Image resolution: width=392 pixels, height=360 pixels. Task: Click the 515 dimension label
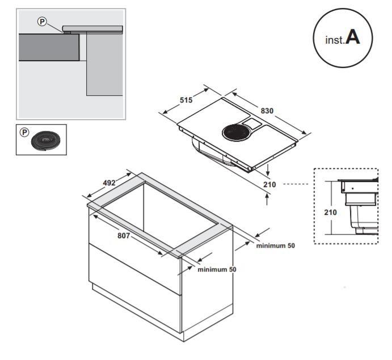pos(186,100)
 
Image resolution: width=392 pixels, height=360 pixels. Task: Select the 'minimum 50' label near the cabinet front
pos(217,269)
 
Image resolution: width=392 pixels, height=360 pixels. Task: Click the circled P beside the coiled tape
pos(24,132)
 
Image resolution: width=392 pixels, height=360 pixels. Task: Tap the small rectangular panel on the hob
pos(250,122)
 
